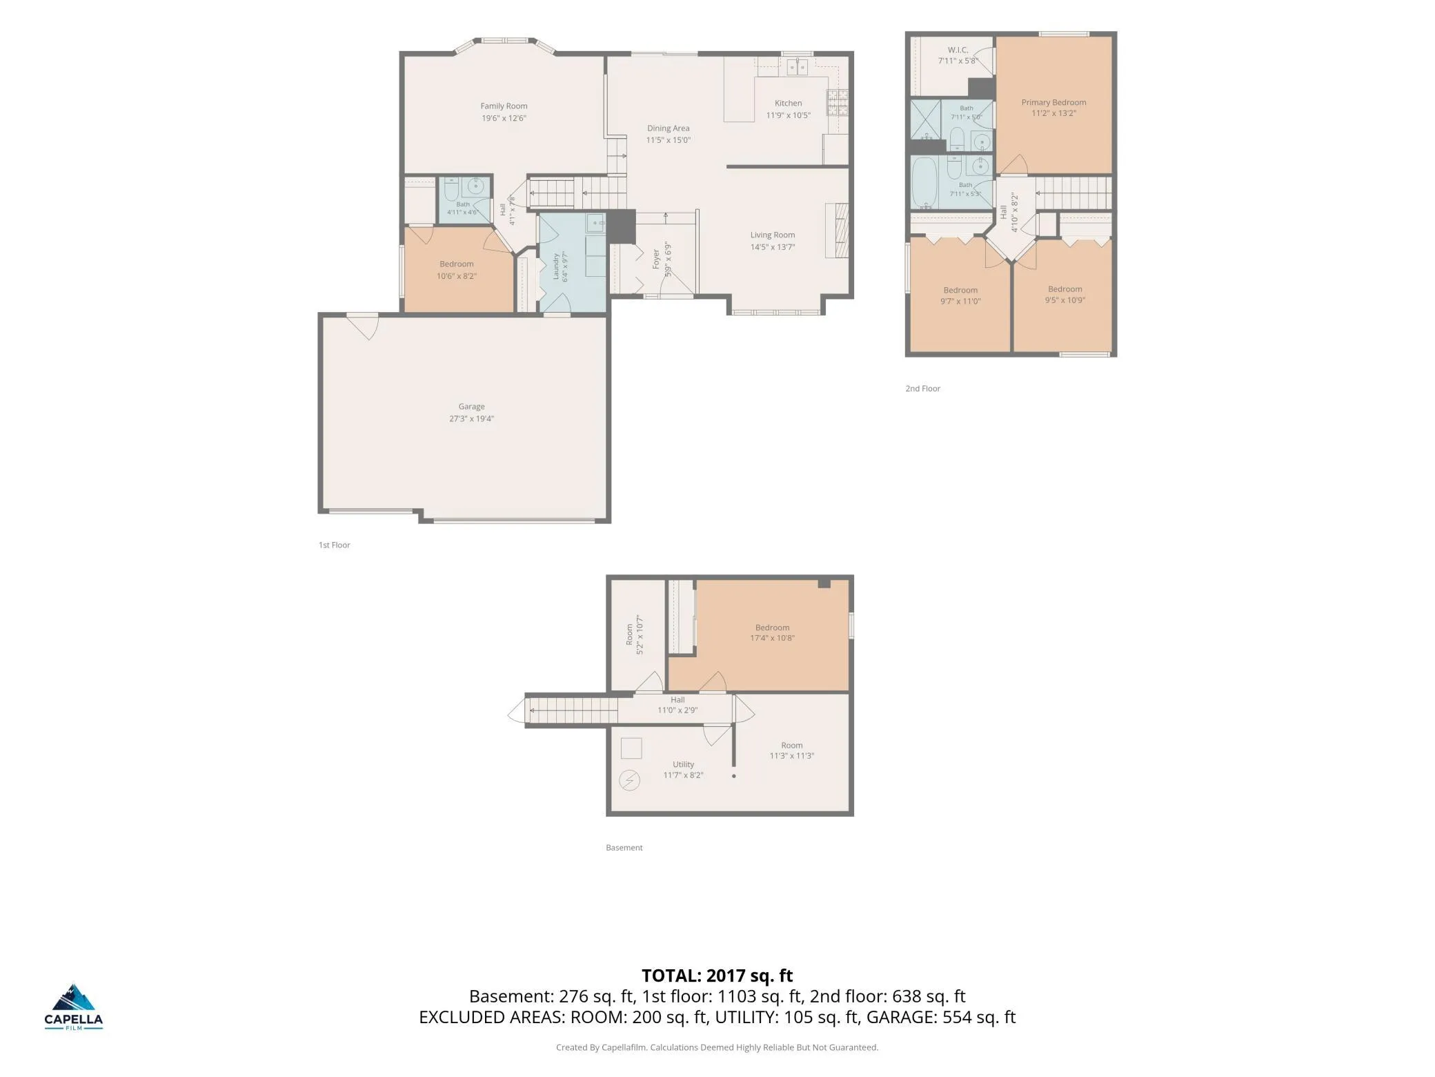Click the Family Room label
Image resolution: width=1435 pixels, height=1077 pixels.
click(x=504, y=106)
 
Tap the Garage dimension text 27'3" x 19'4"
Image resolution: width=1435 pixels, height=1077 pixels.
click(x=471, y=418)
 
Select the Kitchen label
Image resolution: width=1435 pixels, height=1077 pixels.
click(x=788, y=104)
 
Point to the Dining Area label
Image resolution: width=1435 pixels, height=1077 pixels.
click(x=668, y=128)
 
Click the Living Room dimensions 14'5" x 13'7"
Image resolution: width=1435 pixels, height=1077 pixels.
click(x=773, y=247)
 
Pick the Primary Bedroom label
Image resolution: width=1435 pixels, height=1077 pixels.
click(x=1053, y=103)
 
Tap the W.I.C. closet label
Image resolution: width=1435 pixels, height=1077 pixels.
click(x=958, y=50)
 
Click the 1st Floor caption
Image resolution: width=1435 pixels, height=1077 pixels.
click(x=334, y=545)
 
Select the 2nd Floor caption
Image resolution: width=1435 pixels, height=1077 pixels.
click(x=922, y=389)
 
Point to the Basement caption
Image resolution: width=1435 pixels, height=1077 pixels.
click(x=624, y=848)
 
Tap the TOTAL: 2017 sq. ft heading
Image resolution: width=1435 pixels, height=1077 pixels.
click(x=717, y=976)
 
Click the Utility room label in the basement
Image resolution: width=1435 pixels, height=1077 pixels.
click(x=683, y=765)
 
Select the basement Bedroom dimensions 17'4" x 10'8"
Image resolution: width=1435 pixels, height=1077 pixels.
click(x=772, y=638)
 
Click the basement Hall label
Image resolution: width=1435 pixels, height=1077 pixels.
click(x=677, y=700)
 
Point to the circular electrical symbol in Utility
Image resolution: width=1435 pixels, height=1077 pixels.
click(x=629, y=781)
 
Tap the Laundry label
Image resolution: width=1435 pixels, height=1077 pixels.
click(x=555, y=266)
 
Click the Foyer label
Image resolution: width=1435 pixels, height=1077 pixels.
click(x=656, y=259)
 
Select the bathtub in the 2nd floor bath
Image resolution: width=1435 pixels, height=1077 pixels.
click(x=924, y=182)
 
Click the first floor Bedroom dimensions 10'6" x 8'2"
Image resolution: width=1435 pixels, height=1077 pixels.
click(x=456, y=276)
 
